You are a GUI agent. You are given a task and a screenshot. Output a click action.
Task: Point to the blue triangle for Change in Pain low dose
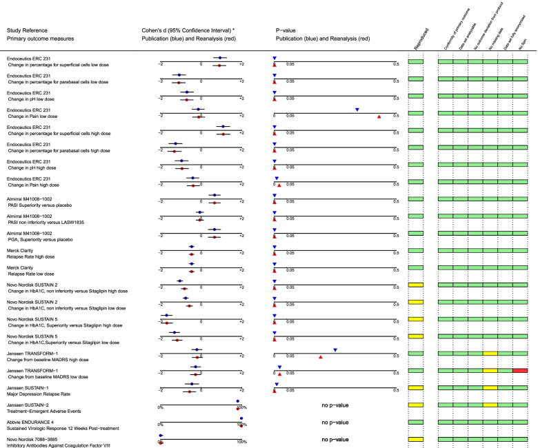[x=357, y=110]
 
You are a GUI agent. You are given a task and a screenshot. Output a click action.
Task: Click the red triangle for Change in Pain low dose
[x=379, y=117]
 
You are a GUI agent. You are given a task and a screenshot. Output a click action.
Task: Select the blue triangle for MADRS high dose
[x=335, y=350]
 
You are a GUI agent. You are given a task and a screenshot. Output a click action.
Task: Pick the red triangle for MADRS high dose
[x=321, y=357]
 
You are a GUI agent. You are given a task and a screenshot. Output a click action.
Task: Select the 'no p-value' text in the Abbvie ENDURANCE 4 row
[x=335, y=422]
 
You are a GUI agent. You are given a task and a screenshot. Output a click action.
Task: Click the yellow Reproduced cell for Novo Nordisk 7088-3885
[x=415, y=438]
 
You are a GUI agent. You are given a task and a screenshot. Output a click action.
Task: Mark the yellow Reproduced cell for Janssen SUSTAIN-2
[x=415, y=405]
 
